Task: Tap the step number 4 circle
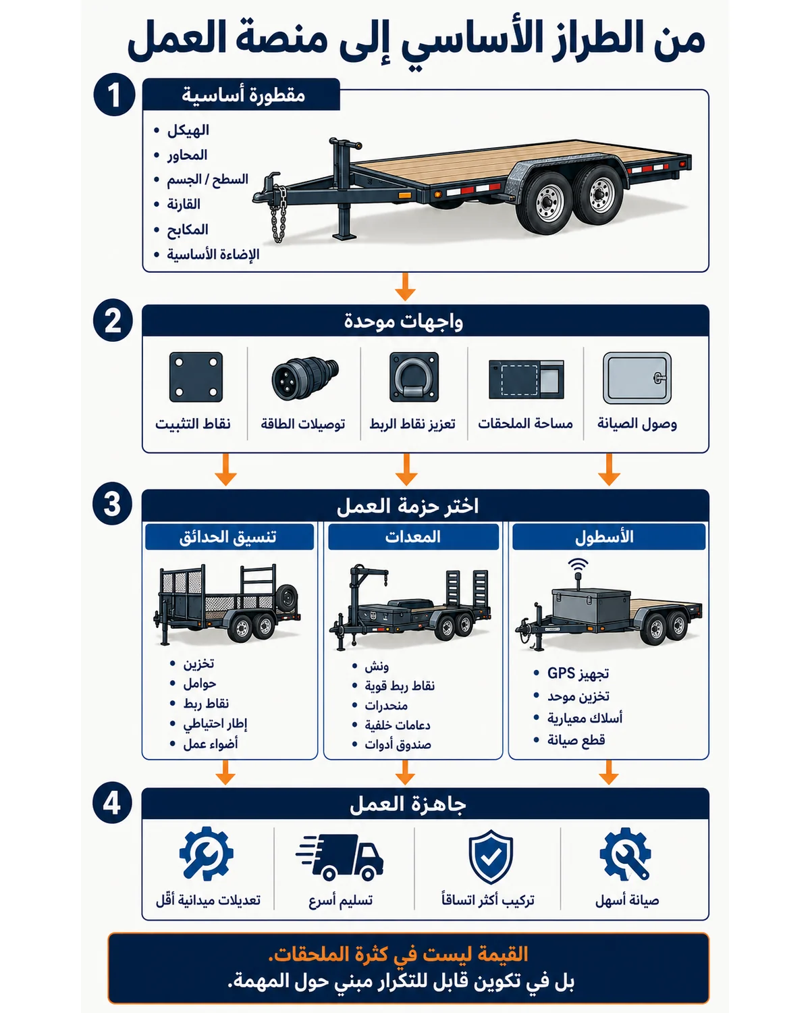(113, 802)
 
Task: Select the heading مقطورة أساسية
(243, 95)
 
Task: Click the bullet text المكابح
(188, 229)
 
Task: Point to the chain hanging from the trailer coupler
(279, 214)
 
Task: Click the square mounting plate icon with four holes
(196, 377)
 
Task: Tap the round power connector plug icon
(305, 378)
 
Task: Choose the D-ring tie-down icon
(414, 377)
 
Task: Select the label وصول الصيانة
(637, 423)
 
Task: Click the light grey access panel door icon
(637, 378)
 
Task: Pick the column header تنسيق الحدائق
(227, 537)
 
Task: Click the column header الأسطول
(604, 537)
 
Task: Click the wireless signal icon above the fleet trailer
(578, 565)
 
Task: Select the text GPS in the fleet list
(561, 673)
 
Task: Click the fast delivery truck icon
(340, 857)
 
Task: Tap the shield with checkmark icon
(491, 857)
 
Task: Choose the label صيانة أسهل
(627, 900)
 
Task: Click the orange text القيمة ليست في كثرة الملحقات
(398, 954)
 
